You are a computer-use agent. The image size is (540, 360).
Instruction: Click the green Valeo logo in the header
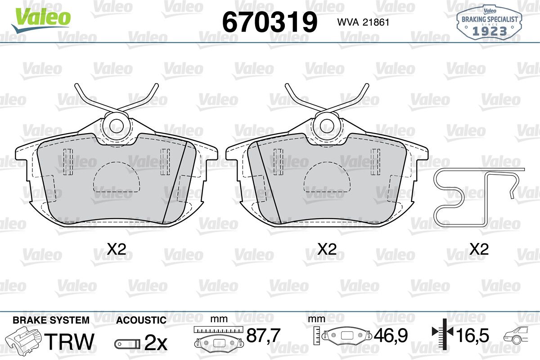click(41, 20)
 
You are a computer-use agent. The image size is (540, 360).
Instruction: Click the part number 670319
click(270, 22)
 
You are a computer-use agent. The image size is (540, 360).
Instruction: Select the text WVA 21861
click(363, 22)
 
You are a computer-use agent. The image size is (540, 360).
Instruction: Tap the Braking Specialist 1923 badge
click(490, 23)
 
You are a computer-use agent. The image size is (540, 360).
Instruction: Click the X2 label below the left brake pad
click(117, 249)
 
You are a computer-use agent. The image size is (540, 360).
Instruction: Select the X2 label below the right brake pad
click(327, 249)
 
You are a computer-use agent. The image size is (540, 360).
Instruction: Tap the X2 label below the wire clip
click(479, 249)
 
